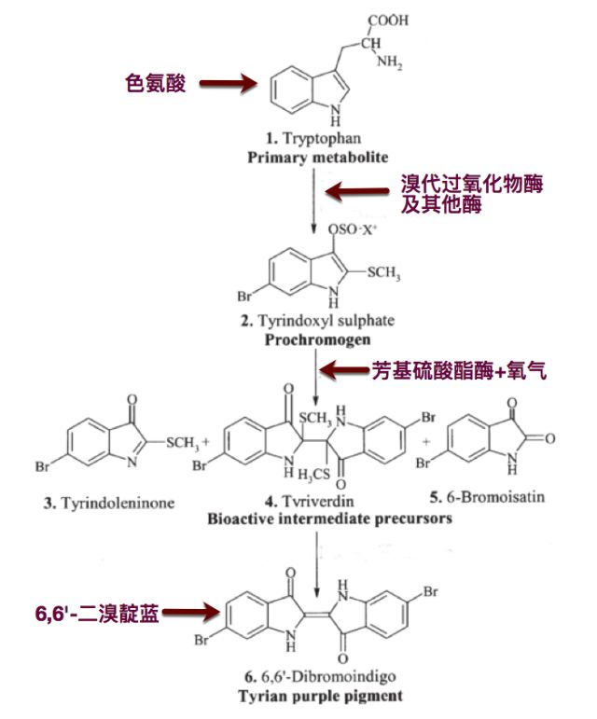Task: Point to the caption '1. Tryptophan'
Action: click(317, 139)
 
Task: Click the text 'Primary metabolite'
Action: click(317, 157)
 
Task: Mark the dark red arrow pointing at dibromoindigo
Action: click(191, 614)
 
